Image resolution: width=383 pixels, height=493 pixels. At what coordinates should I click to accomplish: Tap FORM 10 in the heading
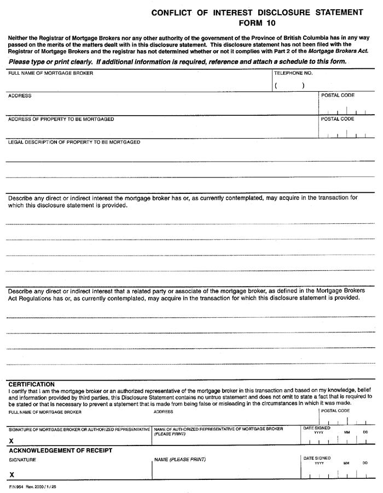tap(257, 23)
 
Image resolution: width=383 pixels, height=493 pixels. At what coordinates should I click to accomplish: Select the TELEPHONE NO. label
tap(293, 73)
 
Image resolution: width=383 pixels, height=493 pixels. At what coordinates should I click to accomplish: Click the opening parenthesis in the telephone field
tap(277, 85)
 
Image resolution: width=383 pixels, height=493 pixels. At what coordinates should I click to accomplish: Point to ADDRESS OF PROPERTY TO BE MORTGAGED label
tap(61, 118)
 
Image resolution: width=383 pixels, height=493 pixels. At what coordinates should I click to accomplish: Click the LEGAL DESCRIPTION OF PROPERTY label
tap(74, 142)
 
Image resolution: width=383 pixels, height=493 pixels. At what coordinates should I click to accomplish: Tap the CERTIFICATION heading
tap(31, 384)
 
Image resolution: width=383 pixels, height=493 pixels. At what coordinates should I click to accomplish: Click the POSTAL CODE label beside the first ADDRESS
tap(338, 96)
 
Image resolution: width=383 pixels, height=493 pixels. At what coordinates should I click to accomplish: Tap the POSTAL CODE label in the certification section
tap(335, 411)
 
